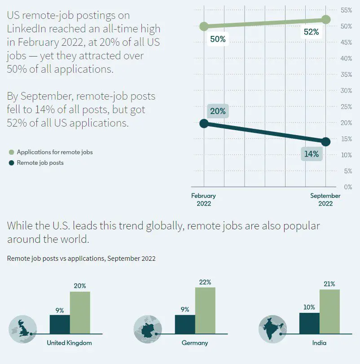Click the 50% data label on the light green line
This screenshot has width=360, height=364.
pyautogui.click(x=218, y=39)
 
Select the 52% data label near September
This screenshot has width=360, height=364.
pyautogui.click(x=311, y=32)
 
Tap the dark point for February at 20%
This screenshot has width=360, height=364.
pyautogui.click(x=204, y=123)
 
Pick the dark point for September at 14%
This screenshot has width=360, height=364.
pyautogui.click(x=326, y=142)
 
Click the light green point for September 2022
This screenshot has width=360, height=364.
pyautogui.click(x=326, y=19)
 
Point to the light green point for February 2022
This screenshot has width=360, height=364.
pyautogui.click(x=204, y=26)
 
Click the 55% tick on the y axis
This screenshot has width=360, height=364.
pyautogui.click(x=346, y=10)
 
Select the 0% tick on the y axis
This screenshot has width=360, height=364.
pyautogui.click(x=347, y=187)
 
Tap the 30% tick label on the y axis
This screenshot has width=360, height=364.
pyautogui.click(x=346, y=91)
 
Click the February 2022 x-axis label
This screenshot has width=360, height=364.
pyautogui.click(x=204, y=199)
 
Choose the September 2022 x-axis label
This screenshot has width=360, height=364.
pyautogui.click(x=325, y=199)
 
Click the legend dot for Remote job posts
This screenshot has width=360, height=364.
pyautogui.click(x=12, y=163)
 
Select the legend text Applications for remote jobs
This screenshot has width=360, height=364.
pyautogui.click(x=55, y=152)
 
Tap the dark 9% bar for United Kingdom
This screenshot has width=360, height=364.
pyautogui.click(x=60, y=324)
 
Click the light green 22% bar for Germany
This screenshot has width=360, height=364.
pyautogui.click(x=205, y=311)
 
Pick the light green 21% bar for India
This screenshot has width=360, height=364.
pyautogui.click(x=329, y=311)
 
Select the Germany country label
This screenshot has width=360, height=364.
pyautogui.click(x=195, y=343)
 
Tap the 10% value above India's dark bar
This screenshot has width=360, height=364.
pyautogui.click(x=309, y=307)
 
